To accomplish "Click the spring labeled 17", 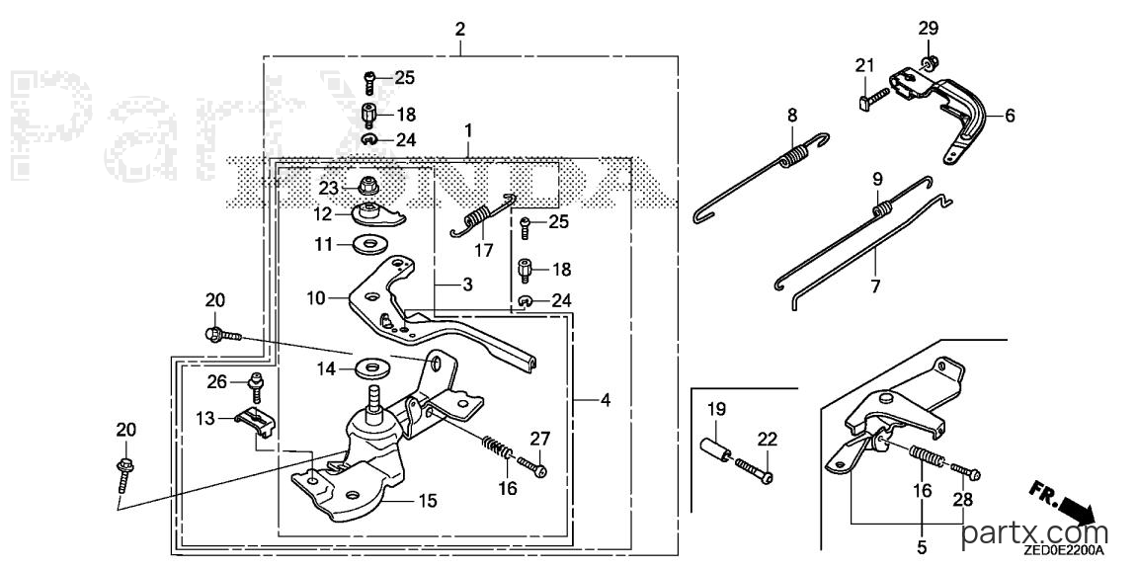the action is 483,215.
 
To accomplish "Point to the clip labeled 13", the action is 255,422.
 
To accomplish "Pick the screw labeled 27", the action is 532,466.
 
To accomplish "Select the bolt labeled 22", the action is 755,469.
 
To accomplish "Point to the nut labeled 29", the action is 930,61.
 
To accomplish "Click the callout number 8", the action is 792,115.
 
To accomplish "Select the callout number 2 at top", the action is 459,30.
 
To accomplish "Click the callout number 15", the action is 428,500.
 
